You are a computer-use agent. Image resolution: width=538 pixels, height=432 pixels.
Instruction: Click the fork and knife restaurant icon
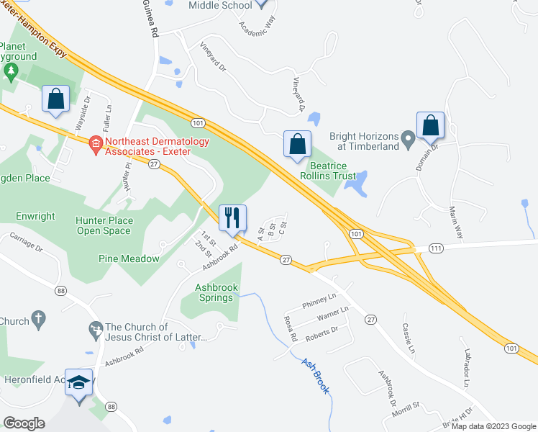coord(232,217)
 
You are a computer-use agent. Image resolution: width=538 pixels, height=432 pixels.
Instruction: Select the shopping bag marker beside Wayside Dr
coord(56,99)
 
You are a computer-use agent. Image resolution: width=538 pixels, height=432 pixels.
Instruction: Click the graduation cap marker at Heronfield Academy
coord(79,382)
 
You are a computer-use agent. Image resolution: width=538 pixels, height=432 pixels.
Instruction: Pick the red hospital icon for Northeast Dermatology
coord(95,143)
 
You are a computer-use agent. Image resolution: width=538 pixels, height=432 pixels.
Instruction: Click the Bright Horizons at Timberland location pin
coord(409,136)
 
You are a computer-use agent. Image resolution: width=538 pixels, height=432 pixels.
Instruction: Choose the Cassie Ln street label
coord(409,336)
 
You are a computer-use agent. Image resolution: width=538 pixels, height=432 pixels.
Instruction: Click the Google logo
coord(24,423)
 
